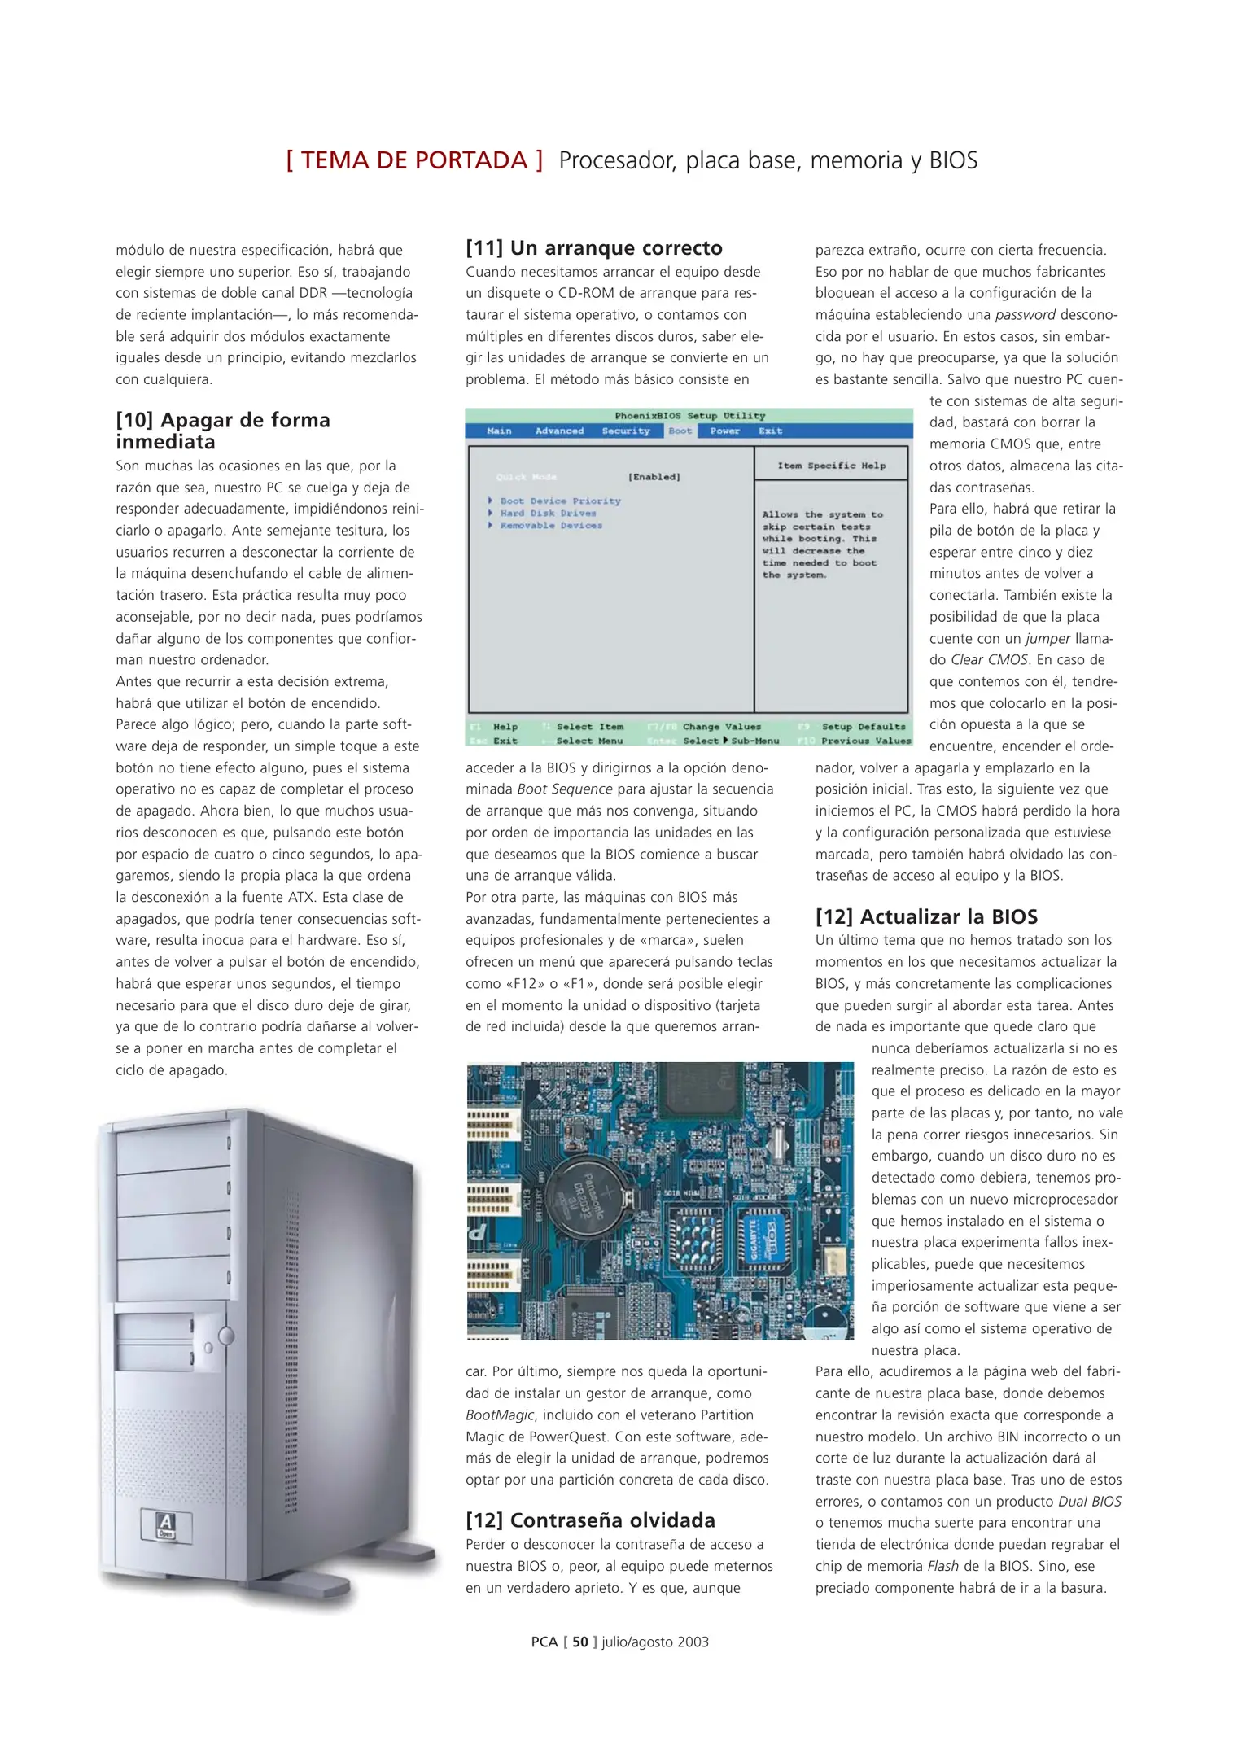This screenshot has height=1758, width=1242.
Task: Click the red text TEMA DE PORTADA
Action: click(414, 160)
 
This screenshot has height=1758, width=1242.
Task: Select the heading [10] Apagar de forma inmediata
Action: click(222, 431)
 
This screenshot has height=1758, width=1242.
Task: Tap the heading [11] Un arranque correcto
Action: click(594, 248)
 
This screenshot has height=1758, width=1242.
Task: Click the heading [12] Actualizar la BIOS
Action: click(926, 916)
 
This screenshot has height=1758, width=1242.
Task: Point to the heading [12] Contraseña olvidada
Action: click(590, 1520)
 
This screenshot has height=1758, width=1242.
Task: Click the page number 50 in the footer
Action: click(579, 1642)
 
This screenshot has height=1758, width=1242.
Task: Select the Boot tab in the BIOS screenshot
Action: click(680, 431)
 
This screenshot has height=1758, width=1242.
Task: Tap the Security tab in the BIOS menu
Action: click(625, 431)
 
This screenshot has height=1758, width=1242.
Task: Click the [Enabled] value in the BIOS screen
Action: click(654, 477)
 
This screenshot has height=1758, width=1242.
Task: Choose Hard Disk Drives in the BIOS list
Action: click(548, 514)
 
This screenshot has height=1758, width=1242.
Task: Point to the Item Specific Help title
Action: click(831, 466)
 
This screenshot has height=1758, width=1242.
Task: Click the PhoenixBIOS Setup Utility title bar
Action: click(689, 416)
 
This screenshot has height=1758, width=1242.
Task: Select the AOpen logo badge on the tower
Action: click(166, 1525)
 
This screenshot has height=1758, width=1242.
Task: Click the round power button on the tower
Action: click(226, 1336)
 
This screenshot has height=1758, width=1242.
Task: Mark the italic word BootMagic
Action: click(500, 1415)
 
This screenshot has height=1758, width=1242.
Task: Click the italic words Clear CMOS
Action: click(989, 660)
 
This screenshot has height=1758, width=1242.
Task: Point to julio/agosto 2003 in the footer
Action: click(655, 1642)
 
